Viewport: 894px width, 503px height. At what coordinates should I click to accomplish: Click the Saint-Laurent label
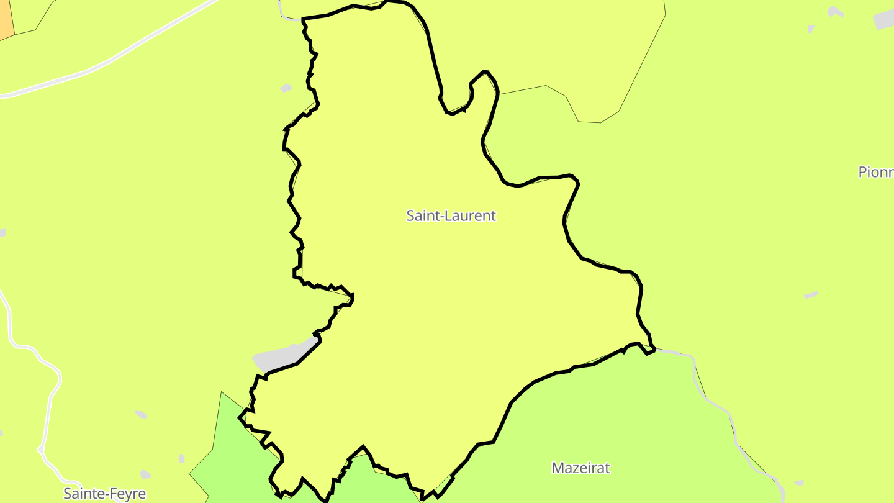451,215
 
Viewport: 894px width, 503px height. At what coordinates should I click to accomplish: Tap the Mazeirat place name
580,468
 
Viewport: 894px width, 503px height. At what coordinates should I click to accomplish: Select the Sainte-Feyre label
104,494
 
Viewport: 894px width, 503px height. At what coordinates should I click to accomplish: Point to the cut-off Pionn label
875,172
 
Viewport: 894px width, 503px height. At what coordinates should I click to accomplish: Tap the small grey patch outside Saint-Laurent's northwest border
286,88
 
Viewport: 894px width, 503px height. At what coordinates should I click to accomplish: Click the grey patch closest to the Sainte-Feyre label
145,474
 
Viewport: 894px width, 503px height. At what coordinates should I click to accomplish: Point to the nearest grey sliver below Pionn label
811,295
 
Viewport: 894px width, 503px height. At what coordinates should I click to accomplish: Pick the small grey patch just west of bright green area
181,458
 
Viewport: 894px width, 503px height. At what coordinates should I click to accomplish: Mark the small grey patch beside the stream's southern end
799,483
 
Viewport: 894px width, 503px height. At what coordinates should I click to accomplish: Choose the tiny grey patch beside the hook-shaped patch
811,29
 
